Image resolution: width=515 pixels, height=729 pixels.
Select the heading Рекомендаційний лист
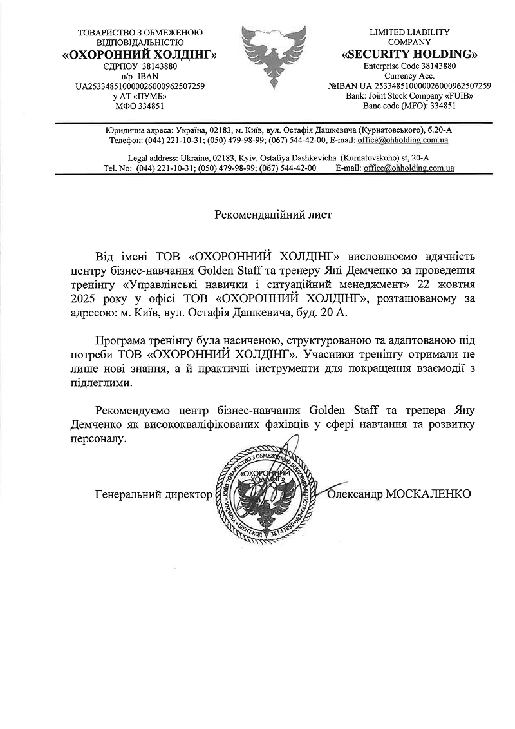(x=273, y=215)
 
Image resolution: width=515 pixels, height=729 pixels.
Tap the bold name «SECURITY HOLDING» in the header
(x=409, y=53)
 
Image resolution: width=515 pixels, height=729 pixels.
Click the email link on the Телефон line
(x=403, y=140)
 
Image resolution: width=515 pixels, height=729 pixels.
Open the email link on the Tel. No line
(x=409, y=168)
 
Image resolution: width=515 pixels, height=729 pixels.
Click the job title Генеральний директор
(x=153, y=494)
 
